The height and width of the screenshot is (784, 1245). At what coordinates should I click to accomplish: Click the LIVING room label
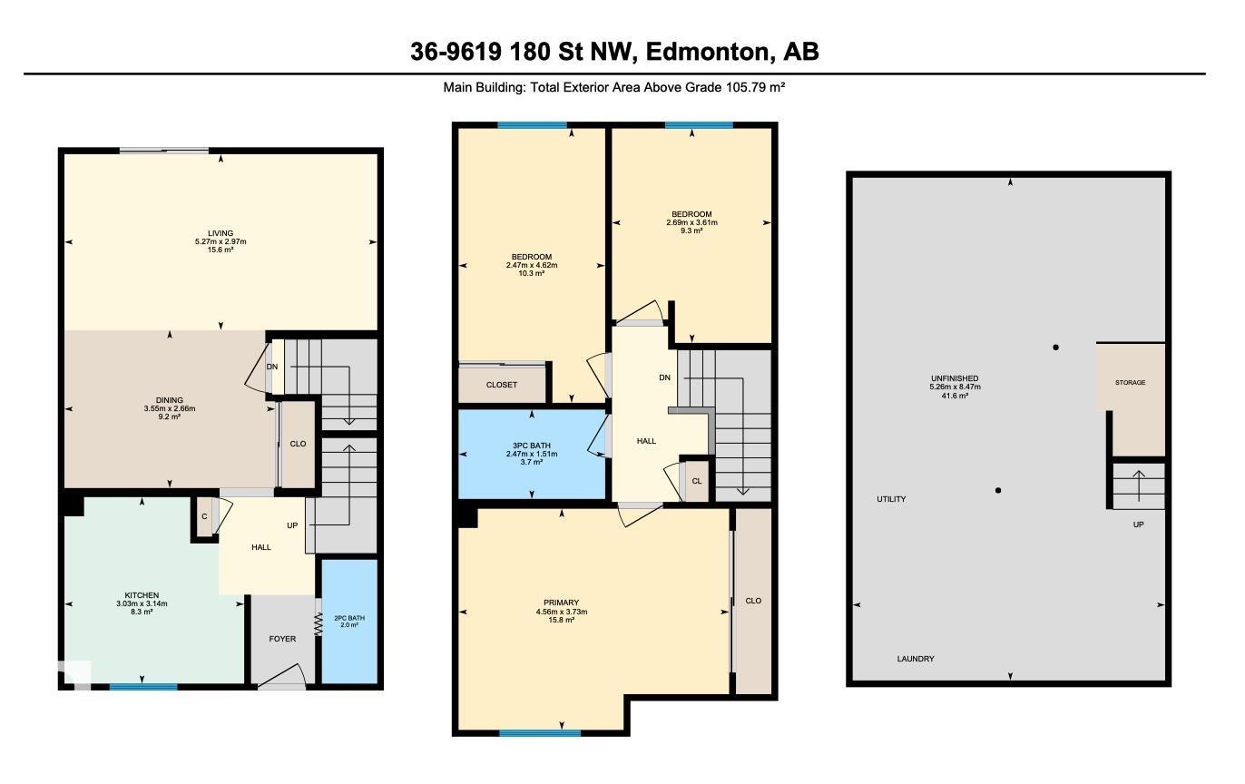(x=221, y=233)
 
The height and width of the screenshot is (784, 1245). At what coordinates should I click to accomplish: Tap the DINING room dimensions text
(x=170, y=408)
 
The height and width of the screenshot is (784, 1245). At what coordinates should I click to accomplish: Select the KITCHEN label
(x=142, y=595)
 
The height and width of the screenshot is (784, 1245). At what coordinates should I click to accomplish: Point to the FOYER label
(x=282, y=639)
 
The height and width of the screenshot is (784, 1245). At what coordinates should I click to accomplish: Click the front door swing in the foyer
(x=284, y=676)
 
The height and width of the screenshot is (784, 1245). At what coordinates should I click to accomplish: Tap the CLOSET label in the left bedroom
(x=502, y=385)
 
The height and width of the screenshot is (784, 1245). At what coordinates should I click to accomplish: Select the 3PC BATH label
(x=532, y=446)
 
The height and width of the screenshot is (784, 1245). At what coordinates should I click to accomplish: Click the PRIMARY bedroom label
(x=561, y=603)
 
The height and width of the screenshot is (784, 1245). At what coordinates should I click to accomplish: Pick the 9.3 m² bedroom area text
(x=693, y=230)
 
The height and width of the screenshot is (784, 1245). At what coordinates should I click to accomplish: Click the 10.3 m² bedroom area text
(x=532, y=273)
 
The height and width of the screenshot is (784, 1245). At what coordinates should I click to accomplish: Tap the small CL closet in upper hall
(x=697, y=482)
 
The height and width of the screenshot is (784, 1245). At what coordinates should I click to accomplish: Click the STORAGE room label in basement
(x=1130, y=383)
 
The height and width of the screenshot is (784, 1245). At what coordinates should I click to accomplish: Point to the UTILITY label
(x=891, y=499)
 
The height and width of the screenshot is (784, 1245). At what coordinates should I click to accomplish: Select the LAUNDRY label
(x=916, y=659)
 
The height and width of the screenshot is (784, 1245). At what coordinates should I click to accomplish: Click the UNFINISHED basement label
(x=955, y=378)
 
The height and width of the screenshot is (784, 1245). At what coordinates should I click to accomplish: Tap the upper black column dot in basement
(x=1055, y=347)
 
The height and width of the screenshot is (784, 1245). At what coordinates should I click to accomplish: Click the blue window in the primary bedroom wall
(x=540, y=732)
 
